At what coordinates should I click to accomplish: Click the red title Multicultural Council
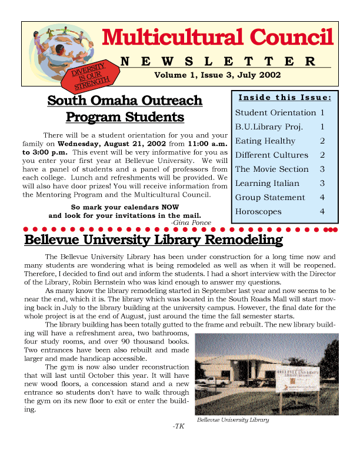[218, 38]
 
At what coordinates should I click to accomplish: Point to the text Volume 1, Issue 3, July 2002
[217, 75]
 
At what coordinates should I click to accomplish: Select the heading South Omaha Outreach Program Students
[125, 109]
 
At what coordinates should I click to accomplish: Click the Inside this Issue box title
[285, 97]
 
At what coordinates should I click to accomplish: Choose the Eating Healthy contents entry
[265, 141]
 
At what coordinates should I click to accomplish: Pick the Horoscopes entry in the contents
[258, 212]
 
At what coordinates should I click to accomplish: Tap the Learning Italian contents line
[268, 184]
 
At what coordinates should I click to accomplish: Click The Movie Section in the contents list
[272, 169]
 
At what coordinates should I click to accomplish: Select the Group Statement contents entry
[270, 198]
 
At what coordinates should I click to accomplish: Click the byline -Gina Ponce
[191, 222]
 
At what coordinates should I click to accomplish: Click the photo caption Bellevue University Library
[233, 420]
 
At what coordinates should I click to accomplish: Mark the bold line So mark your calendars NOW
[125, 207]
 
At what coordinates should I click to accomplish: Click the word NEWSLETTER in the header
[218, 62]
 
